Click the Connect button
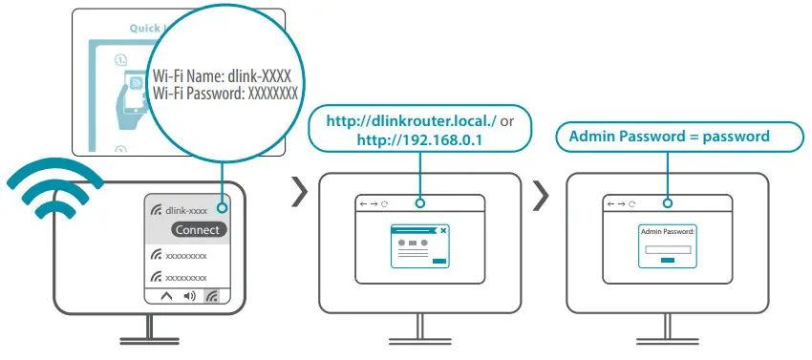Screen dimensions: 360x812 199,229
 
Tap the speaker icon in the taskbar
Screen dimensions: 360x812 189,296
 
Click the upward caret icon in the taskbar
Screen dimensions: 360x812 166,296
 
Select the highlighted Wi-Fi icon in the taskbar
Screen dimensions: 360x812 212,296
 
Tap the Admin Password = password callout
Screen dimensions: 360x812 669,136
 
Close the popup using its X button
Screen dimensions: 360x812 442,230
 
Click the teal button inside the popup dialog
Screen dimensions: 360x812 438,260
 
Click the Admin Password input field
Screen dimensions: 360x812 668,249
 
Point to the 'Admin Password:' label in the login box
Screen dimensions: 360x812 668,231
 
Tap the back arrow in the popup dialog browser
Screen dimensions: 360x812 362,204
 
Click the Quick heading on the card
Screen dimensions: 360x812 145,28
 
